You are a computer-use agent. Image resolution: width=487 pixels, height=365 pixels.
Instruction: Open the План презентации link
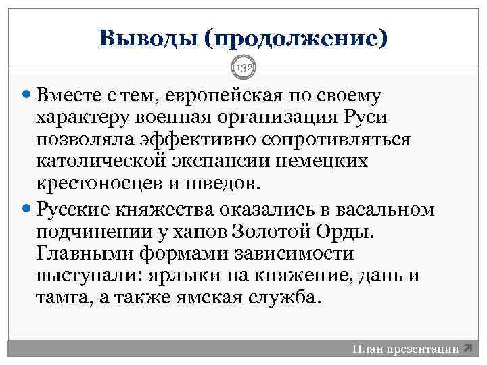pyautogui.click(x=405, y=349)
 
